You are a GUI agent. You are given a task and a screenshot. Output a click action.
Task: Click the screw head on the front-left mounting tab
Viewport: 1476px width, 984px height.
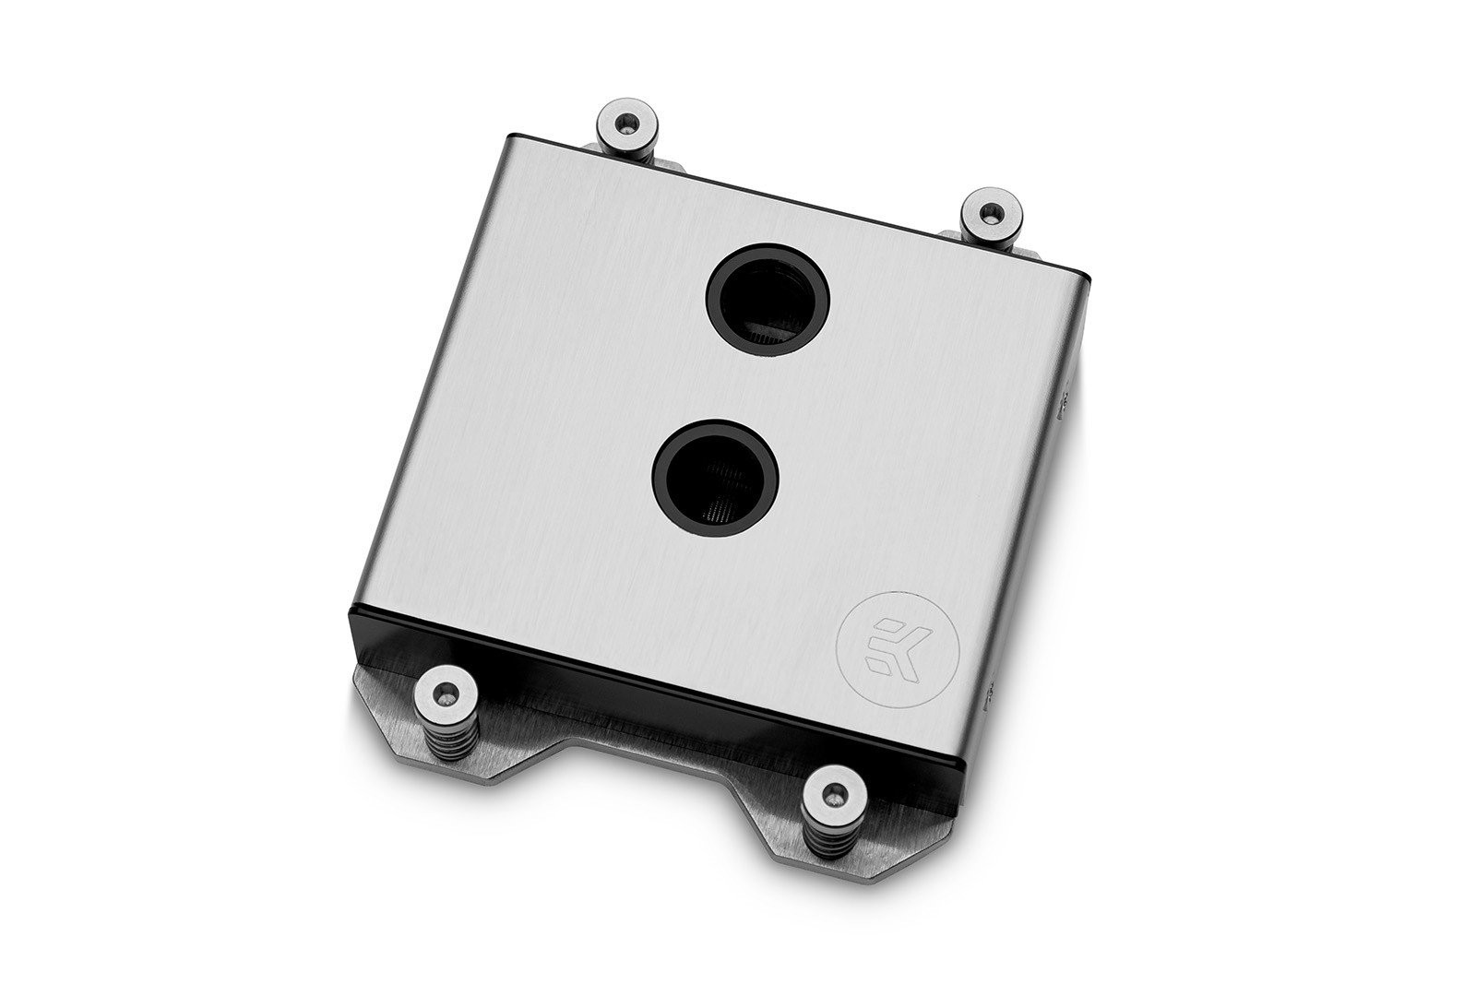(x=446, y=691)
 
